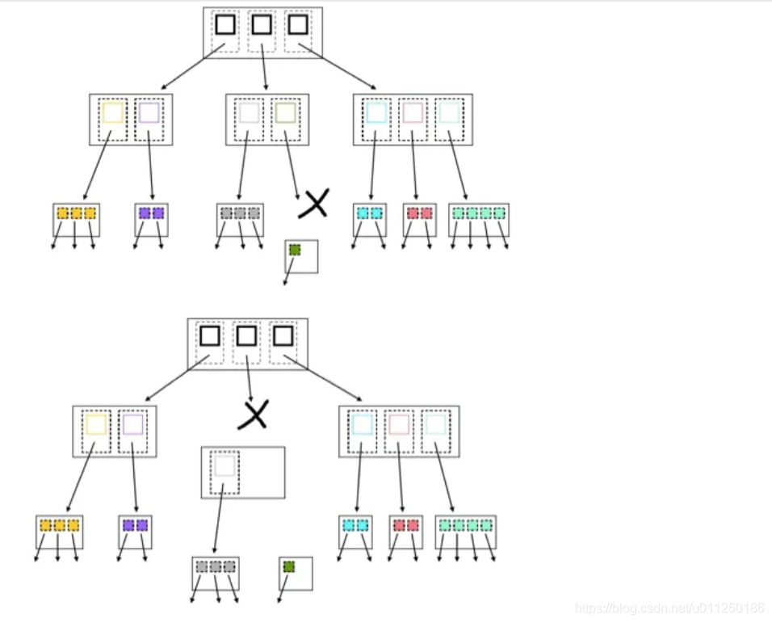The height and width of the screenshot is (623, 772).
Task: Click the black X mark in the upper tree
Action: (x=313, y=204)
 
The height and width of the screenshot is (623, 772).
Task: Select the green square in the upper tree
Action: (x=295, y=250)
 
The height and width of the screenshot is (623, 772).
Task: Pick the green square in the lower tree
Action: (x=288, y=566)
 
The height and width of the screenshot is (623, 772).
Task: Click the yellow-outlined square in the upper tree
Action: (x=113, y=112)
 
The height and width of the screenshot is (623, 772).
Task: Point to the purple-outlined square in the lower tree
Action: (x=133, y=425)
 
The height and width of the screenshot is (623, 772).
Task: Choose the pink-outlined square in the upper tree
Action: (x=413, y=112)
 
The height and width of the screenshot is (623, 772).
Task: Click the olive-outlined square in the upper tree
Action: (x=285, y=112)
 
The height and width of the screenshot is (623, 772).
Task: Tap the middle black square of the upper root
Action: (x=261, y=24)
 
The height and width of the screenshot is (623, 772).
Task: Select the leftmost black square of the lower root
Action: (x=210, y=335)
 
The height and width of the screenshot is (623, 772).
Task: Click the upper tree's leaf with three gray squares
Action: (x=240, y=214)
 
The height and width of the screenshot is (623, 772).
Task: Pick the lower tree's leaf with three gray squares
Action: (x=216, y=567)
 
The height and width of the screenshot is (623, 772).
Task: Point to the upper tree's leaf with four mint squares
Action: (x=479, y=214)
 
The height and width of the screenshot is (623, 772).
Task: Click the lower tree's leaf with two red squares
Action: (x=405, y=526)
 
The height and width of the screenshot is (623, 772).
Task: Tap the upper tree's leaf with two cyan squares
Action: (x=370, y=214)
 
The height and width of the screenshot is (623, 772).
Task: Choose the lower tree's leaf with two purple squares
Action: (x=135, y=526)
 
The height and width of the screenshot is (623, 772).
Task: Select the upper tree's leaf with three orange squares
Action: (x=77, y=214)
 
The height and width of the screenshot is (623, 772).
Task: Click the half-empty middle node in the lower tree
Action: (x=243, y=472)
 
